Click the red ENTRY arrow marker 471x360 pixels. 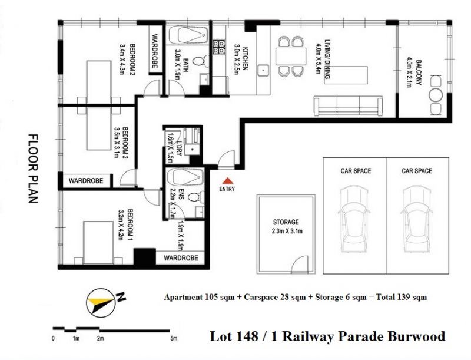tap(228, 181)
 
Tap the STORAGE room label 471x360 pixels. tap(286, 222)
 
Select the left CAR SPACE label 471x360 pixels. tap(356, 171)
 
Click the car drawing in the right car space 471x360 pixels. tap(417, 219)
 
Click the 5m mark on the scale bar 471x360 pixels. tap(174, 338)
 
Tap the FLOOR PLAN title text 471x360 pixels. tap(33, 169)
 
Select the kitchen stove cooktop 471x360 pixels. tap(218, 47)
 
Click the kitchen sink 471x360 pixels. tap(263, 70)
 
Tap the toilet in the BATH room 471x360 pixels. tap(201, 62)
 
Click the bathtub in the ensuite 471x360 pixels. tap(185, 177)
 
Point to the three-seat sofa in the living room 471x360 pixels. tap(348, 106)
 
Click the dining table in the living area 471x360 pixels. tap(291, 56)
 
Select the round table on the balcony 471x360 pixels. tap(436, 95)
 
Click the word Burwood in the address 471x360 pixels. tap(416, 336)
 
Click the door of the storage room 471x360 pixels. tap(300, 265)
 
